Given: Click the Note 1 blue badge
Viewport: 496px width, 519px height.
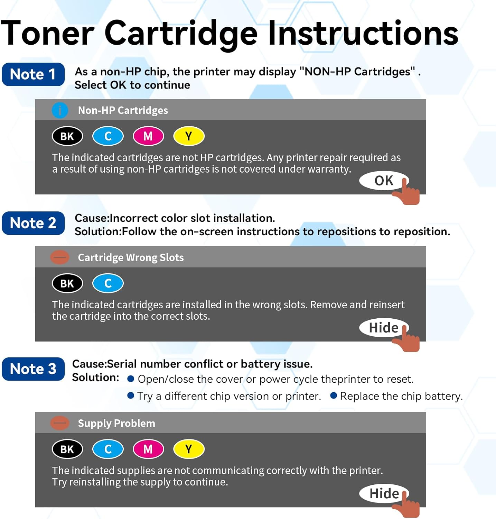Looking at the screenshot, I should pos(33,74).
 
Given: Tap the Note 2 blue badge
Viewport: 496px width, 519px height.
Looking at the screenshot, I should pos(33,223).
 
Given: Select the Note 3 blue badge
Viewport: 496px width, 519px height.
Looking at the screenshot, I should pos(33,369).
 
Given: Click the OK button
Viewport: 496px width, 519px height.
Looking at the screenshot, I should pos(383,181).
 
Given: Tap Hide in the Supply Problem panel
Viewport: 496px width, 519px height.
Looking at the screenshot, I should pos(384,493).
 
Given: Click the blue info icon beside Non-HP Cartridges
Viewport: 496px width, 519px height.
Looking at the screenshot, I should pos(60,110).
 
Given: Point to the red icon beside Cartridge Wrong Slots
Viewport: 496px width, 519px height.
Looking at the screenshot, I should pos(60,257).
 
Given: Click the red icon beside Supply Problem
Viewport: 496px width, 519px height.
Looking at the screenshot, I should pos(60,423).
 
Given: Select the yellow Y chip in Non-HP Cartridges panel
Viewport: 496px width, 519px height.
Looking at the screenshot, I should pos(189,136).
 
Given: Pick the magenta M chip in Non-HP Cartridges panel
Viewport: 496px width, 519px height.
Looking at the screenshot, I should pos(148,136).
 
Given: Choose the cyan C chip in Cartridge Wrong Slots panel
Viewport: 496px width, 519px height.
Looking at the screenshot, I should pos(108,283).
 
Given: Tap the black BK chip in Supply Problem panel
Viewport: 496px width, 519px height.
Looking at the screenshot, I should pos(67,449).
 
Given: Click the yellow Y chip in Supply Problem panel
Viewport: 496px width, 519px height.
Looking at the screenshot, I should pos(189,449).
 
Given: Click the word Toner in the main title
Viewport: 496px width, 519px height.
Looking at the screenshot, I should pos(47,34).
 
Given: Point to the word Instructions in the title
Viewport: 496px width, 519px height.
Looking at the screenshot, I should pos(363,34).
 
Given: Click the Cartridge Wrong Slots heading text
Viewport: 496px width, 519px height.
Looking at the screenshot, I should pos(131,258).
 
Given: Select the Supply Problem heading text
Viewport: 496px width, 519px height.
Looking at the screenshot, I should pos(116,424).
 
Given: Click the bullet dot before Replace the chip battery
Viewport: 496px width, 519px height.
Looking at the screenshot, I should pos(334,395).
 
